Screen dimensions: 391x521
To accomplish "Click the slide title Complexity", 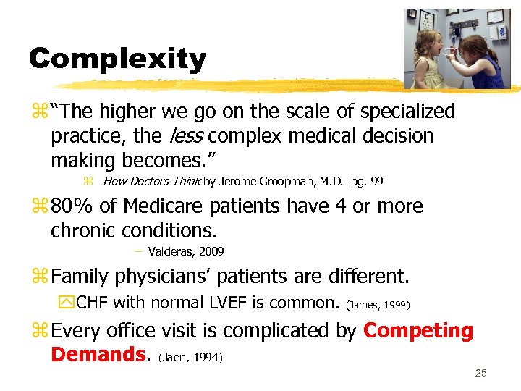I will pyautogui.click(x=117, y=59).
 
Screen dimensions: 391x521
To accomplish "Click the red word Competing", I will pyautogui.click(x=418, y=331).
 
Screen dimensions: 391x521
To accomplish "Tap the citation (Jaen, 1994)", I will pyautogui.click(x=190, y=357).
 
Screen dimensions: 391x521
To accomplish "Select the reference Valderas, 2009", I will pyautogui.click(x=185, y=251).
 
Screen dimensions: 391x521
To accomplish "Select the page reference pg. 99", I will pyautogui.click(x=367, y=181).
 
